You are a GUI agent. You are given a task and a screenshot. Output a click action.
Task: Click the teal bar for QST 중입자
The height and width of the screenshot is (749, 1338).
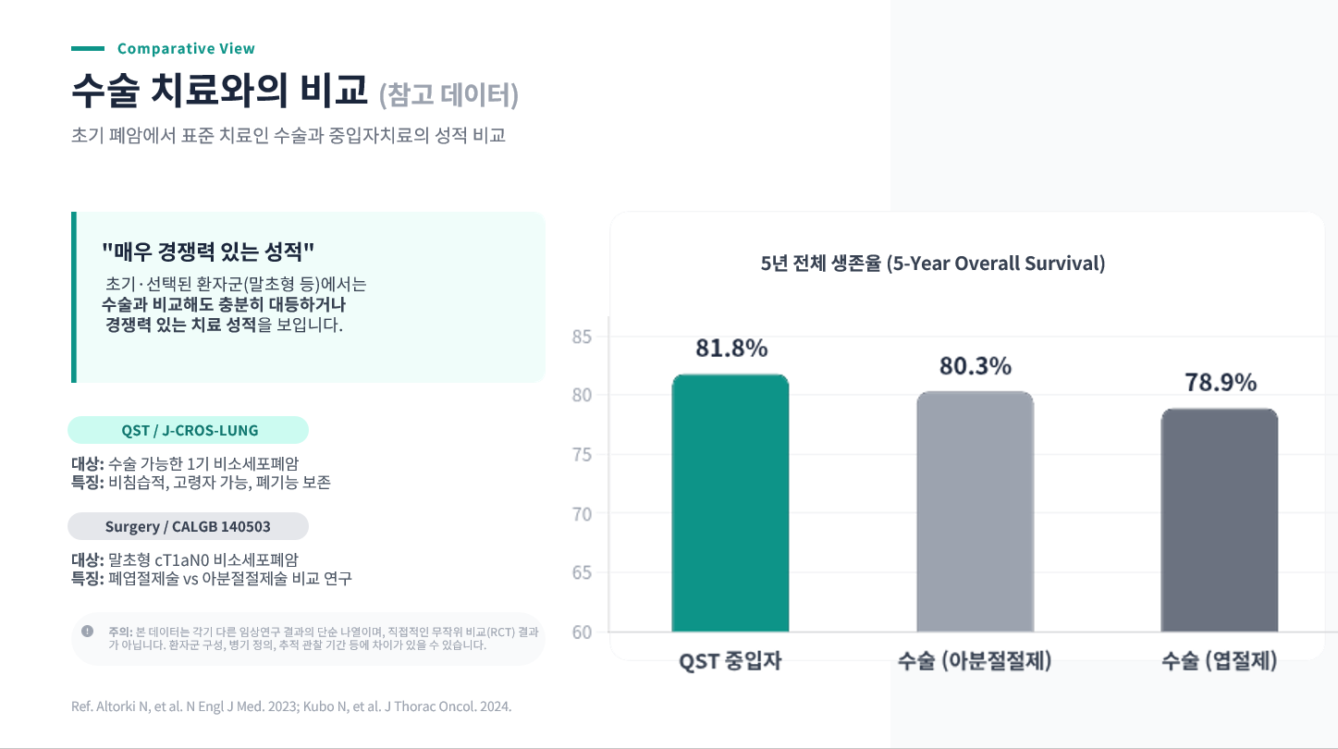tap(730, 504)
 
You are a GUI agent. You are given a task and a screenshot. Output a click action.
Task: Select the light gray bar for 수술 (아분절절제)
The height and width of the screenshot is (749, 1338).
tap(975, 512)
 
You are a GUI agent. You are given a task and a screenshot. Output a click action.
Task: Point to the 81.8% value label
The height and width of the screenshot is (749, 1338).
tap(731, 349)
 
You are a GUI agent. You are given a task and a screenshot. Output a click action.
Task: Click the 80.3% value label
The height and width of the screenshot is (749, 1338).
tap(976, 366)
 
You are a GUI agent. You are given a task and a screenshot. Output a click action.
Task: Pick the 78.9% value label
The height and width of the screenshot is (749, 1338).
tap(1221, 383)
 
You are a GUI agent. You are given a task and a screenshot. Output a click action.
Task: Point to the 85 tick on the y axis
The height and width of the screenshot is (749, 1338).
tap(583, 337)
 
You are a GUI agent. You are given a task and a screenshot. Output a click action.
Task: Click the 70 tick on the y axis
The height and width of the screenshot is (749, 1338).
tap(583, 514)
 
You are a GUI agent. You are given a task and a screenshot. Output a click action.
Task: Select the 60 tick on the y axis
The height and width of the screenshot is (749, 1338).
tap(583, 632)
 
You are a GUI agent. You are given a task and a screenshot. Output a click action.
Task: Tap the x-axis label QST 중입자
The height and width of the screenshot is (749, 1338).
tap(730, 662)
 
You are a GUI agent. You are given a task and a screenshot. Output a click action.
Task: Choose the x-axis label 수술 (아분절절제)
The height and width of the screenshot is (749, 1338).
tap(975, 662)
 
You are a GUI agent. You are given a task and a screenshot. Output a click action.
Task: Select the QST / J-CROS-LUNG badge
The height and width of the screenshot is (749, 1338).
tap(189, 431)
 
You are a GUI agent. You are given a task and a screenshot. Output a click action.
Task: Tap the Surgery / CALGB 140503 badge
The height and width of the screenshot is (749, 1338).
tap(188, 526)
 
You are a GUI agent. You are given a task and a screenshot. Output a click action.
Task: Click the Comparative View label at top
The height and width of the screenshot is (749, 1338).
tap(186, 49)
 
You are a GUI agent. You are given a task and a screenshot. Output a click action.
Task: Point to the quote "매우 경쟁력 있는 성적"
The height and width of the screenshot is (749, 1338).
tap(208, 251)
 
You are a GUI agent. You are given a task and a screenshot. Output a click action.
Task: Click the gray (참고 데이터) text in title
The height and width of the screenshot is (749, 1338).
tap(448, 95)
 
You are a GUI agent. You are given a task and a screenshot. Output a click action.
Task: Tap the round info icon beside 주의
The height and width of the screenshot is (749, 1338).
tap(88, 632)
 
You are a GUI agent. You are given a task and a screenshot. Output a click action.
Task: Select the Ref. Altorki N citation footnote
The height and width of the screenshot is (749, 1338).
tap(291, 706)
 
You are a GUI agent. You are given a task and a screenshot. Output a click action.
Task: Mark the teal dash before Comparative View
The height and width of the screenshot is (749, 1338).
tap(88, 49)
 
